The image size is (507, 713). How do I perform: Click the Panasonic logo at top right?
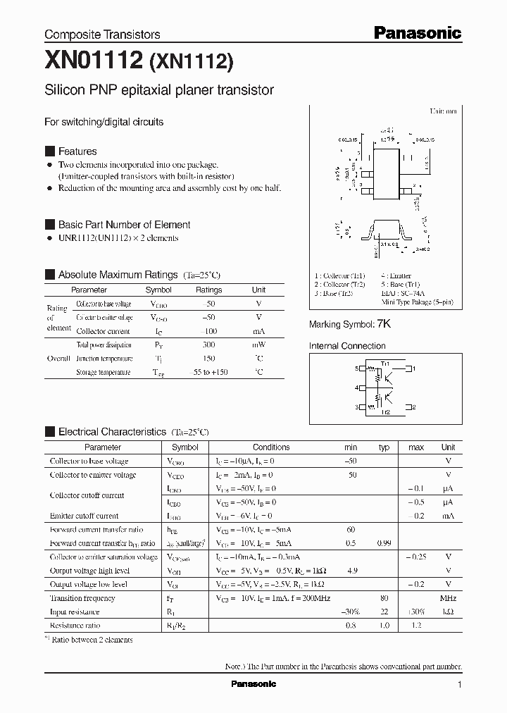(417, 32)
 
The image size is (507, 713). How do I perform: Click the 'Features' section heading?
(77, 151)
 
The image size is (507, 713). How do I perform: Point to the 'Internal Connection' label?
(347, 346)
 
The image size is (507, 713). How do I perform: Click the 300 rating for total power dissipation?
(208, 345)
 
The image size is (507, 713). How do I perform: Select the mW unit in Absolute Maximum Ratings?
(258, 345)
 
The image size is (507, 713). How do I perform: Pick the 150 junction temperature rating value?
(208, 359)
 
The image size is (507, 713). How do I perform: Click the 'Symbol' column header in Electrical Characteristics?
(185, 447)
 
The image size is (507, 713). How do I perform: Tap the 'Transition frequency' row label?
(82, 598)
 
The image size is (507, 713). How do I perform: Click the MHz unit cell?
(448, 598)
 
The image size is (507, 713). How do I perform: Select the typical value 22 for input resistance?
(384, 612)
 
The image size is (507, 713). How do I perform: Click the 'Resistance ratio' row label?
(75, 625)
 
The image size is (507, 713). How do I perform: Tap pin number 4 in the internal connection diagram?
(356, 388)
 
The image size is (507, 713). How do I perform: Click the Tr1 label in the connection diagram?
(385, 362)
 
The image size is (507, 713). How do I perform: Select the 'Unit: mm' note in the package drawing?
(443, 111)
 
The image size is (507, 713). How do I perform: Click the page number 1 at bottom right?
(460, 684)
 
